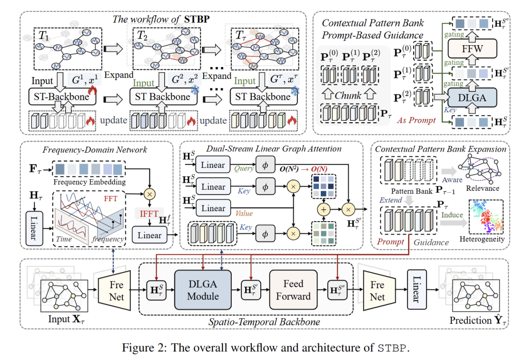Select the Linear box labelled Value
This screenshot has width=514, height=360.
(x=213, y=208)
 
